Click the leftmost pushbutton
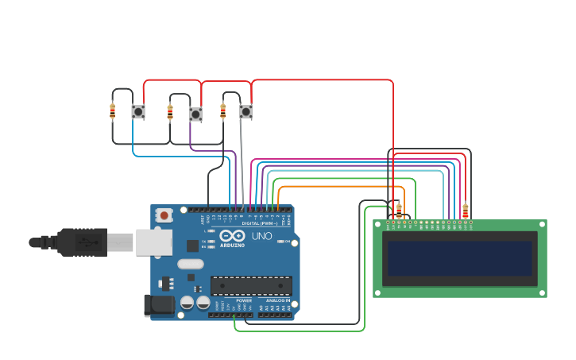[138, 112]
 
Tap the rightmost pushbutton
[246, 112]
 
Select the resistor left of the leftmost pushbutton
[113, 111]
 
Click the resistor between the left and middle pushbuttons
[170, 112]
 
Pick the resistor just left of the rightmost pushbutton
[223, 111]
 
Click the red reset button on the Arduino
[164, 215]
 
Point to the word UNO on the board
[261, 236]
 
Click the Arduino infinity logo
[232, 235]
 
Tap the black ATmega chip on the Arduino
[251, 285]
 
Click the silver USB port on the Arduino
[153, 242]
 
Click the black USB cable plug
[80, 242]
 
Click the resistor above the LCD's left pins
[399, 210]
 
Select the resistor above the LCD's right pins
[465, 211]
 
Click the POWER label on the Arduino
[244, 300]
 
